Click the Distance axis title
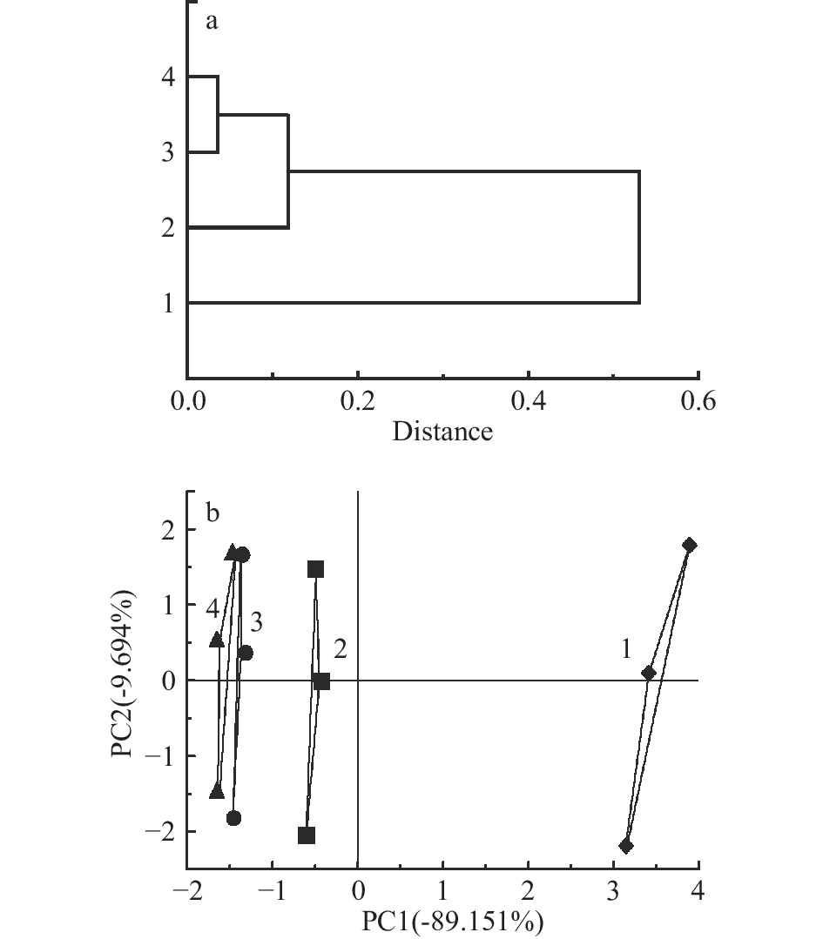pos(442,432)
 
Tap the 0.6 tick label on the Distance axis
pos(698,402)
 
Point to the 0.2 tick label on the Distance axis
pos(357,402)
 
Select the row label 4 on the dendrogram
pos(168,77)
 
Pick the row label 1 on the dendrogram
pos(168,303)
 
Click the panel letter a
pos(211,22)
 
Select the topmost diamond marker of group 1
pos(690,546)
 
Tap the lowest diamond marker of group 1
pos(625,846)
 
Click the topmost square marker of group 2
pos(315,569)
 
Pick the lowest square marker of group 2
pos(307,835)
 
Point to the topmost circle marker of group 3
pos(243,555)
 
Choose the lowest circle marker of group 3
pos(233,818)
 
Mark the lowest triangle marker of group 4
pos(217,791)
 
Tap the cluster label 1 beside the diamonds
pos(625,649)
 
